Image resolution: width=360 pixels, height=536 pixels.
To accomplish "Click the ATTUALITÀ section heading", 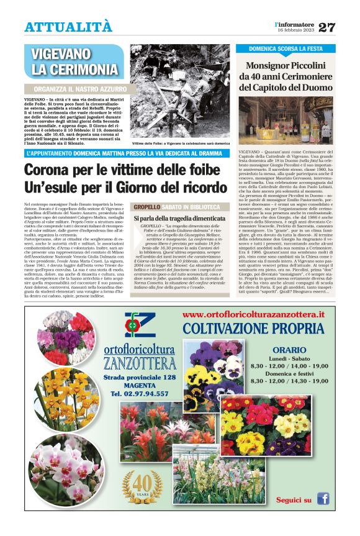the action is pos(68,27).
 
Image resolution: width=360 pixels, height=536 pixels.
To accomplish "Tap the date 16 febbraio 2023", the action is pos(296,30).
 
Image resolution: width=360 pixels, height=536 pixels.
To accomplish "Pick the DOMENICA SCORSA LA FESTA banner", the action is pos(286,48).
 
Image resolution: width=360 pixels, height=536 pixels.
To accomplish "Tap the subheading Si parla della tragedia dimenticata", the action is pos(179,219).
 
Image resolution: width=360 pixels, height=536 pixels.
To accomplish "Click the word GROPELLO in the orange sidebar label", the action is pos(148,207).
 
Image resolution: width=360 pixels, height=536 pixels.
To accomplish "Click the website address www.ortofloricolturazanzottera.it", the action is pos(254,315).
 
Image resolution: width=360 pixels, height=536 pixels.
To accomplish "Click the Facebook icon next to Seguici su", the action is pos(323,499).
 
